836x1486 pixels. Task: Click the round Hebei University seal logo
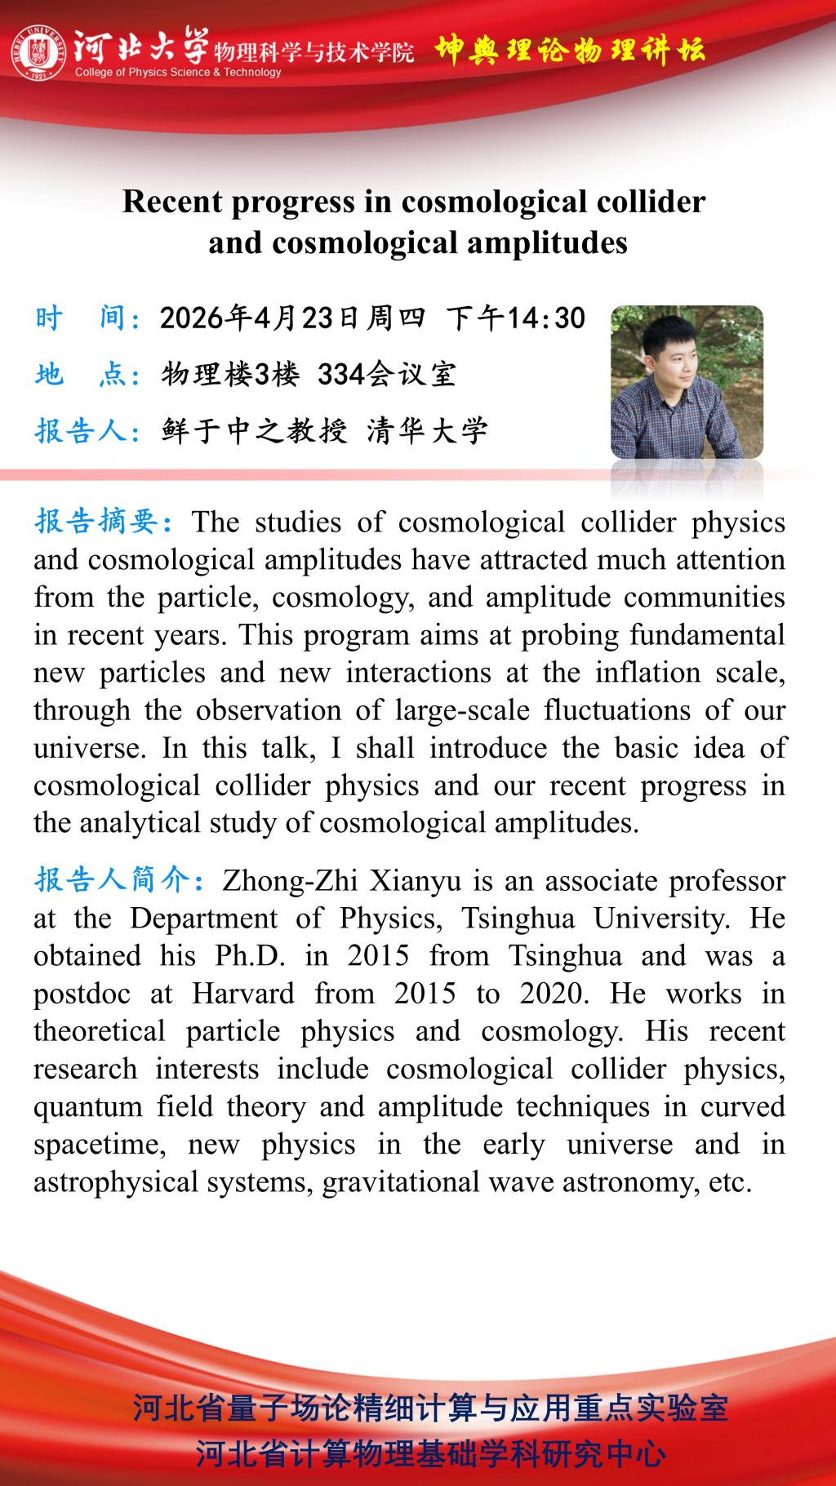(x=38, y=53)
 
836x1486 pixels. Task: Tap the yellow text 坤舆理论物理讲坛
(x=569, y=51)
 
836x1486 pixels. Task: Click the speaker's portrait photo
(x=687, y=382)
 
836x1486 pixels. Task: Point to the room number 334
(x=340, y=374)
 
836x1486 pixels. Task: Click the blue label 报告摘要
(x=100, y=521)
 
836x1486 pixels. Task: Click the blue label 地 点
(x=85, y=374)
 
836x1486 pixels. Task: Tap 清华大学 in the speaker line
(x=427, y=429)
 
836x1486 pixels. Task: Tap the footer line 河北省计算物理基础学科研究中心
(x=430, y=1453)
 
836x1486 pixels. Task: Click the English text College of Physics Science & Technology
(x=178, y=73)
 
